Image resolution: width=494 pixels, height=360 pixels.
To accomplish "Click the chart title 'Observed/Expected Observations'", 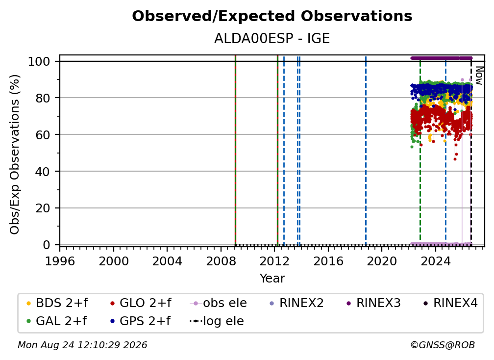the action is pyautogui.click(x=272, y=16).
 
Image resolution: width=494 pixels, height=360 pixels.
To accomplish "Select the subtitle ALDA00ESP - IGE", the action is pyautogui.click(x=272, y=39).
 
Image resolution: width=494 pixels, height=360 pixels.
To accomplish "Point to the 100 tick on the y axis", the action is pyautogui.click(x=39, y=61).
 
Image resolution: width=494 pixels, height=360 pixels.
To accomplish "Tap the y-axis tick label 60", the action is pyautogui.click(x=43, y=134).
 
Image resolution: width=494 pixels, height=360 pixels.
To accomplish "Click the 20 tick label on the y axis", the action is pyautogui.click(x=43, y=208).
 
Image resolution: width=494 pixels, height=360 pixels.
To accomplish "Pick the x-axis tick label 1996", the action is pyautogui.click(x=60, y=261).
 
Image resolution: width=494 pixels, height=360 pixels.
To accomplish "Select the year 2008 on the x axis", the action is pyautogui.click(x=221, y=261).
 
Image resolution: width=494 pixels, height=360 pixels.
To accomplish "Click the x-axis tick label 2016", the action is pyautogui.click(x=328, y=261).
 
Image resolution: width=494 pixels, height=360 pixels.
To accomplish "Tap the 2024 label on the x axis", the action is pyautogui.click(x=435, y=261).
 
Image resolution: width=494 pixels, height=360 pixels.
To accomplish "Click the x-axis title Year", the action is pyautogui.click(x=272, y=279).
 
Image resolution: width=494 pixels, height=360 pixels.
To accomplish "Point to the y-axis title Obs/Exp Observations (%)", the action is pyautogui.click(x=15, y=154).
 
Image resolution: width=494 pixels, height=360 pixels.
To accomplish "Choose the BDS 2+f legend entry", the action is pyautogui.click(x=57, y=303).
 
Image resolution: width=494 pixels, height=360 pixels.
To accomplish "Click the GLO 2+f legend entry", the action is pyautogui.click(x=141, y=303).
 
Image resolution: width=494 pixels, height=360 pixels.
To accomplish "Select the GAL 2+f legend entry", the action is pyautogui.click(x=57, y=321).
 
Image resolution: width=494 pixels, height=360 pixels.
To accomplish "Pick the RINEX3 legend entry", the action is pyautogui.click(x=373, y=303).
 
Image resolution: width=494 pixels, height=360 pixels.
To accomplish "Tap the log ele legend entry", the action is pyautogui.click(x=217, y=321).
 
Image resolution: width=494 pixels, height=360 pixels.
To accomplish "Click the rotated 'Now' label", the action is pyautogui.click(x=479, y=76).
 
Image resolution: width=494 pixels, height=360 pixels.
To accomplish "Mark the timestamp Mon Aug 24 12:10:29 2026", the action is pyautogui.click(x=82, y=345).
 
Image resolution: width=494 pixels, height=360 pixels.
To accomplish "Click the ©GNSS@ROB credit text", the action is pyautogui.click(x=443, y=345).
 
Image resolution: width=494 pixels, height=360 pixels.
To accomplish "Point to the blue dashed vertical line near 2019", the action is pyautogui.click(x=366, y=151).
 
